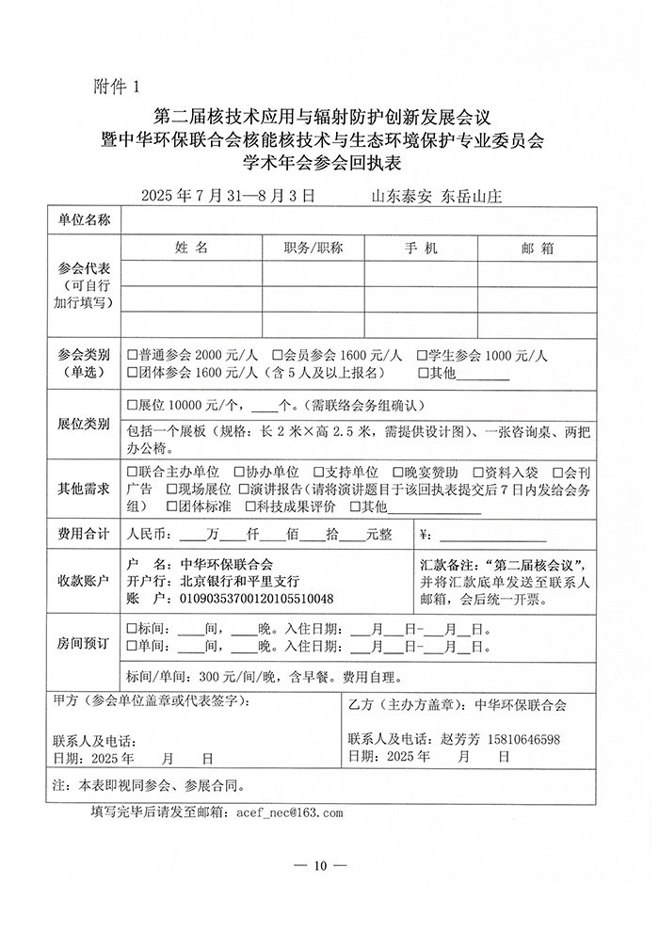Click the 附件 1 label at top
[x=117, y=87]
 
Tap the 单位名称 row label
[x=85, y=220]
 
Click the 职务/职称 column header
[x=313, y=248]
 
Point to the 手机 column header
[x=421, y=248]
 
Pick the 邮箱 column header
[x=536, y=248]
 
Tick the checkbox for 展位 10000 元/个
[x=132, y=406]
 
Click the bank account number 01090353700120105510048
[x=255, y=598]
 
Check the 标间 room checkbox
[x=132, y=629]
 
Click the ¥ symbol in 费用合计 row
[x=423, y=535]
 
